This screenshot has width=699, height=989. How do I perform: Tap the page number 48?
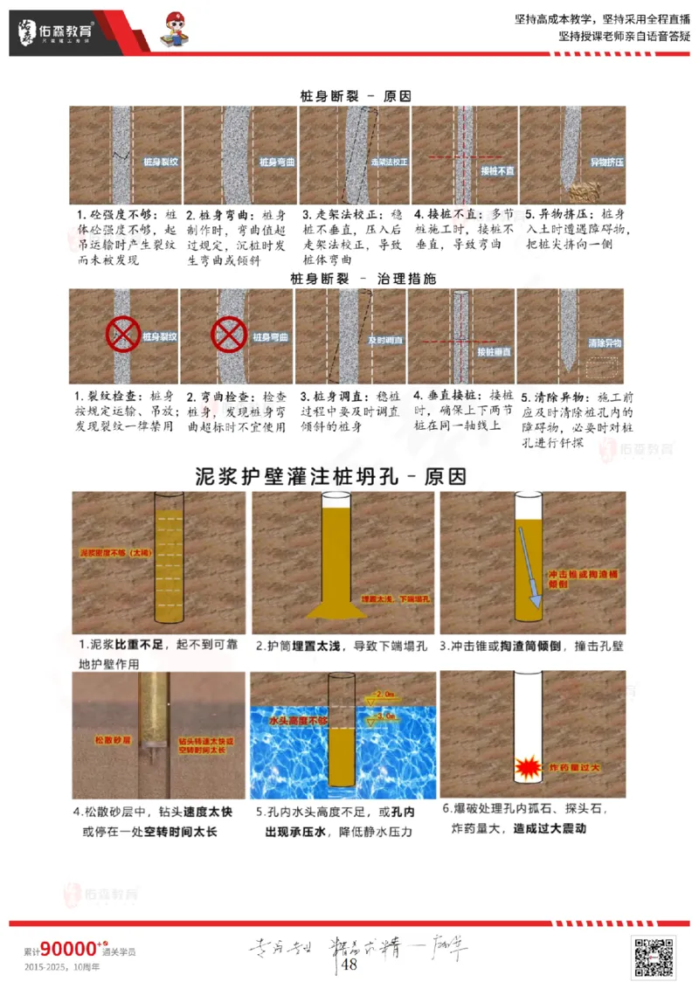pos(349,965)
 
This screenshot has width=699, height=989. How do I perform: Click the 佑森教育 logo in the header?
pos(57,33)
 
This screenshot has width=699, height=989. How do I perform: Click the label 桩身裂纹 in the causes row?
pos(160,163)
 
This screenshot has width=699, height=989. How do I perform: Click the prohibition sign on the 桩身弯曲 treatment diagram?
pos(230,335)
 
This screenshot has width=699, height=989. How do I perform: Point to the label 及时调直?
pos(384,339)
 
